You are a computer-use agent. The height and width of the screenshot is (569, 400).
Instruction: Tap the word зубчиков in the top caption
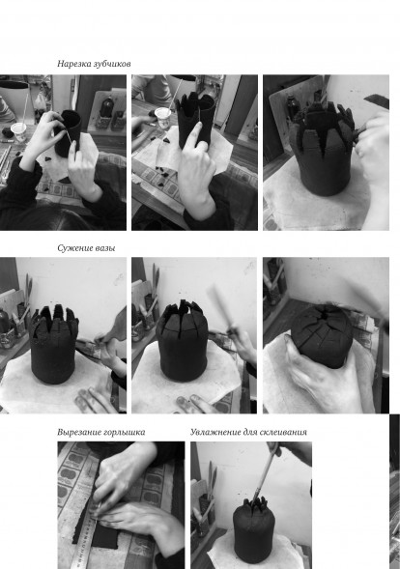112,64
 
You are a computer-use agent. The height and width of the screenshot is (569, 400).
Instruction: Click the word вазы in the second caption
105,248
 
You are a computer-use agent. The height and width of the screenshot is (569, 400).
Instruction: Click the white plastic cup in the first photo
18,131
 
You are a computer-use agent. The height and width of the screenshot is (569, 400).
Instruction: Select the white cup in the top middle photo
162,118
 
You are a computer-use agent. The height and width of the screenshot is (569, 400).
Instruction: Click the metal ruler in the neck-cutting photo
82,537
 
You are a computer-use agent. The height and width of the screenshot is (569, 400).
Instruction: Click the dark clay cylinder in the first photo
69,132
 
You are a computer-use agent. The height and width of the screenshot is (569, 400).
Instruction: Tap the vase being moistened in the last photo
252,529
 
